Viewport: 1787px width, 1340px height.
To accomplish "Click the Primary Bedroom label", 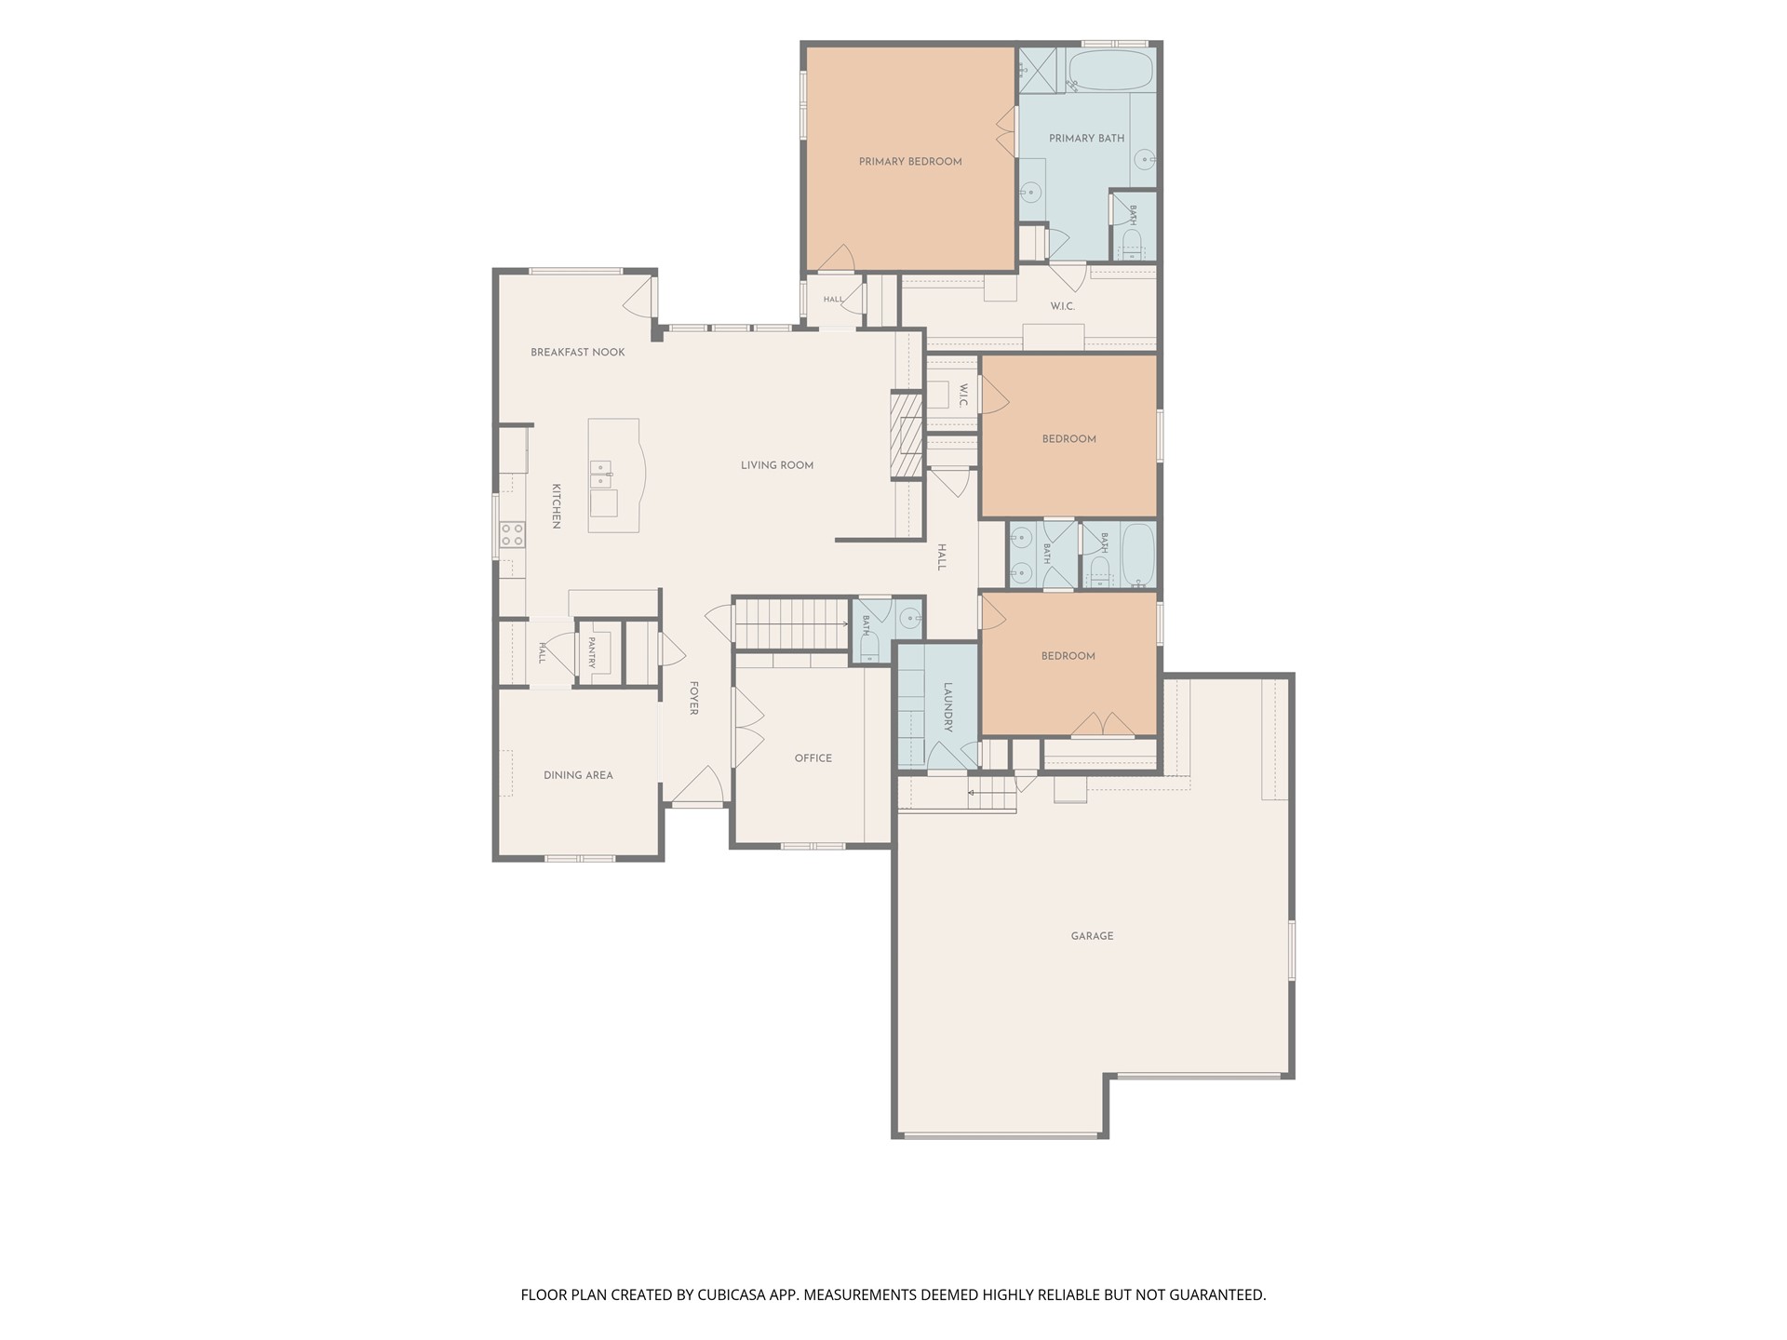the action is tap(910, 162).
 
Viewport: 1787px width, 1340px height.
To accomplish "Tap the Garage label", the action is tap(1092, 936).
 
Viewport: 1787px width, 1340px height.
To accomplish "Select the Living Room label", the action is tap(777, 465).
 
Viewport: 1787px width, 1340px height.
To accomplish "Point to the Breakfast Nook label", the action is tap(578, 353).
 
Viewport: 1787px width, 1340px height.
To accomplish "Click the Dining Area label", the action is tap(578, 775).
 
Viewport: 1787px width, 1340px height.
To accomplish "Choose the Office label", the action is tap(813, 758).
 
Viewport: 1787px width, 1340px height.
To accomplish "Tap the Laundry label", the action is tap(948, 707).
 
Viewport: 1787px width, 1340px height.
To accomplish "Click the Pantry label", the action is tap(591, 652).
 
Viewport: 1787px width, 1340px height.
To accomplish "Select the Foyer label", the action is tap(693, 698).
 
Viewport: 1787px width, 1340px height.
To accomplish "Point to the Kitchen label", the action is tap(556, 506).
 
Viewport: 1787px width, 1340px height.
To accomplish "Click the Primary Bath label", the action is tap(1086, 139).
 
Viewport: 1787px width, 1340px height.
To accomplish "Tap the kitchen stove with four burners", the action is tap(512, 534).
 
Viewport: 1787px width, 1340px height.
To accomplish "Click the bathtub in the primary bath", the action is tap(1109, 71).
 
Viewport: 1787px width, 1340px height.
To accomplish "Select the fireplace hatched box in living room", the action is tap(906, 435).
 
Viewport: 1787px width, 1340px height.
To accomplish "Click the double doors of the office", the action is tap(748, 728).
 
